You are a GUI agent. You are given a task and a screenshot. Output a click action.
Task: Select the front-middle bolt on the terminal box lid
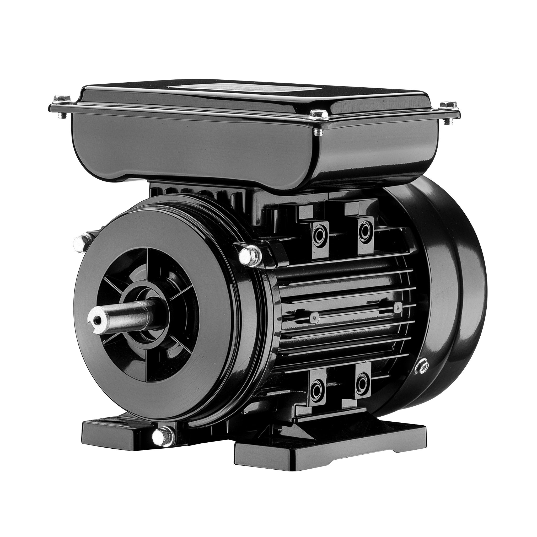click(318, 115)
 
